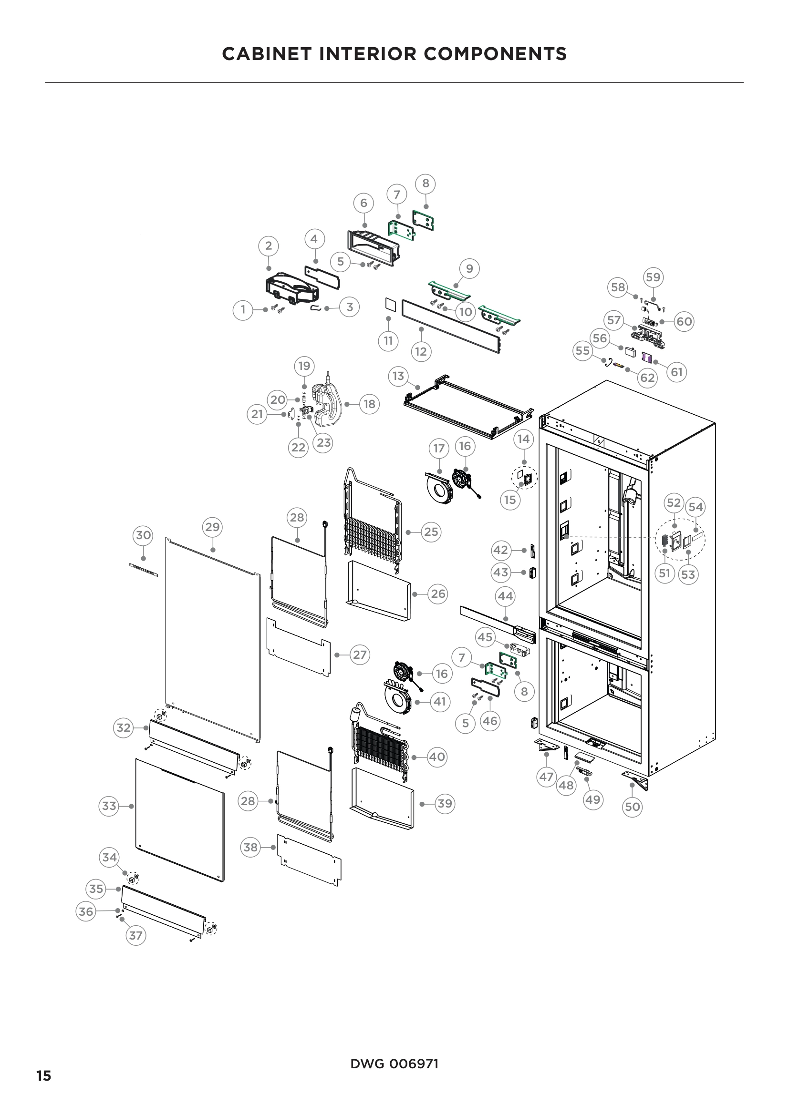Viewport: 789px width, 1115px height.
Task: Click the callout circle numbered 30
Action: pos(143,535)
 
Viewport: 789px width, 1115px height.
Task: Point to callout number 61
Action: pos(677,372)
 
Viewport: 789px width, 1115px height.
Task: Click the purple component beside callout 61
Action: pos(647,357)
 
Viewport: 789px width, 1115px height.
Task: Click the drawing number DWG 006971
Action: pos(394,1064)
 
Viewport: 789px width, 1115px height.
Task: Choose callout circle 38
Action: pos(250,848)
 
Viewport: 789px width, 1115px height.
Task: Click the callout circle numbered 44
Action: pos(505,596)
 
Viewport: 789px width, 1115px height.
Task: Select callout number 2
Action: pos(269,246)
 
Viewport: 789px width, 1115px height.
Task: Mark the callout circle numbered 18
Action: pos(369,404)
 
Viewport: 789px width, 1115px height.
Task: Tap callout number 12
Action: pos(421,351)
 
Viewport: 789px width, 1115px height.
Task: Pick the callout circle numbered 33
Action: pos(109,806)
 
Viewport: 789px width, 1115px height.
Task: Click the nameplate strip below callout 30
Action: pos(144,570)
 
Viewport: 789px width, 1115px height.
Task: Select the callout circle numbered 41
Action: pos(440,701)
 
